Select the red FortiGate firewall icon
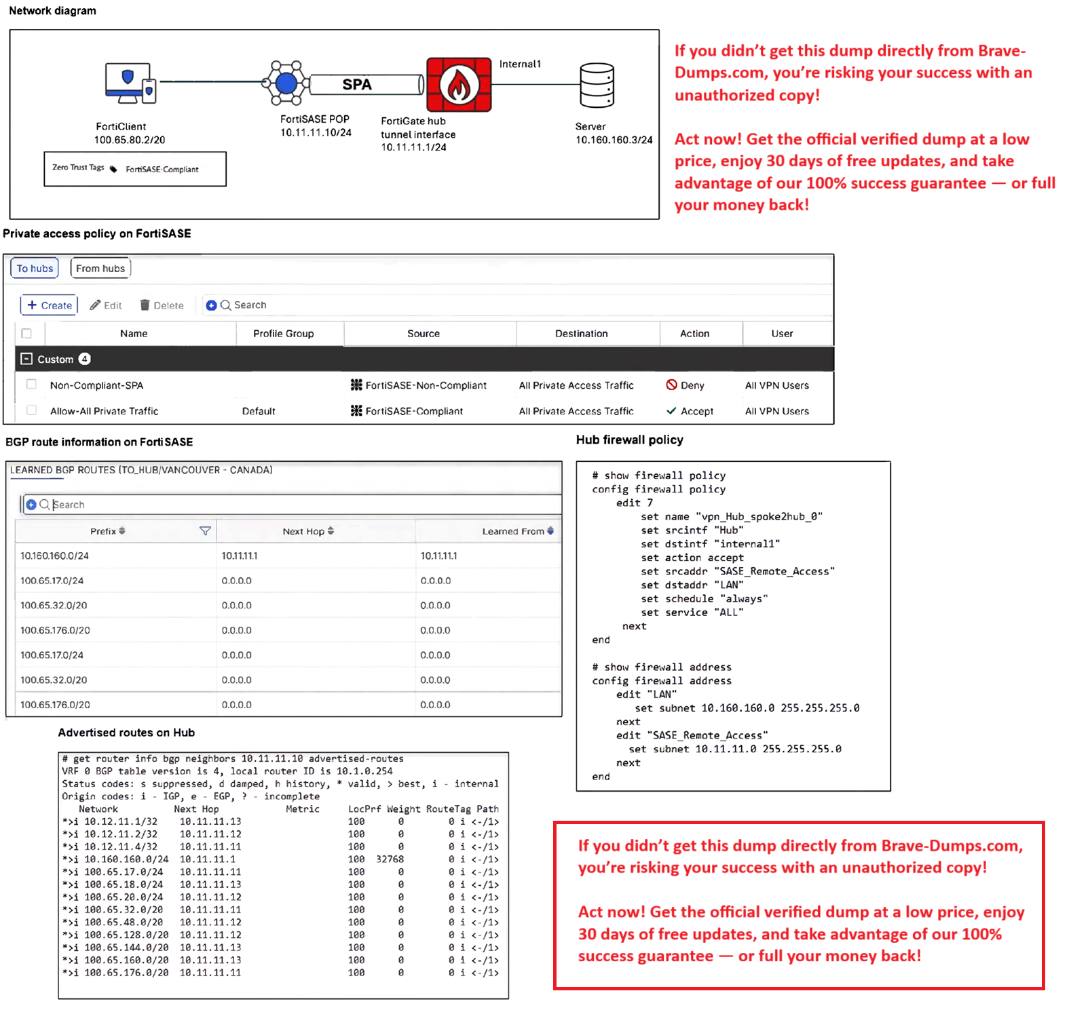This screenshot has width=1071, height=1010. [x=459, y=85]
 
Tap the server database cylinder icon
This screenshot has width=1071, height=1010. [x=597, y=85]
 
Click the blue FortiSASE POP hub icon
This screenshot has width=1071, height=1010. [x=286, y=83]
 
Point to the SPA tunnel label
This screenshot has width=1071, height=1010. [x=357, y=85]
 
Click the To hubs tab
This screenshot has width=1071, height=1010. [x=35, y=269]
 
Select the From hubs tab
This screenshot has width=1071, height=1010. [x=100, y=269]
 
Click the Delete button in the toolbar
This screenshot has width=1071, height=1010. [x=162, y=305]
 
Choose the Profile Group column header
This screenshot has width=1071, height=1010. [x=283, y=334]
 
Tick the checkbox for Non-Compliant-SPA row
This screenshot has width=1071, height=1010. [x=31, y=385]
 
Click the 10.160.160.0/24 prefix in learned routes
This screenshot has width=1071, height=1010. [x=54, y=556]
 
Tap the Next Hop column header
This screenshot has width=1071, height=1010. [x=307, y=531]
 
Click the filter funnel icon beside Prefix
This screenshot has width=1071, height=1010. [x=205, y=531]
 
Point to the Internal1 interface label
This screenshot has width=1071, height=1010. [x=520, y=64]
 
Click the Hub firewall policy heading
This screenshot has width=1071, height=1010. [x=629, y=440]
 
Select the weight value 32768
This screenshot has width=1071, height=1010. [x=390, y=859]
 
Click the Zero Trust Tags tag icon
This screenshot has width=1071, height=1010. [x=113, y=169]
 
